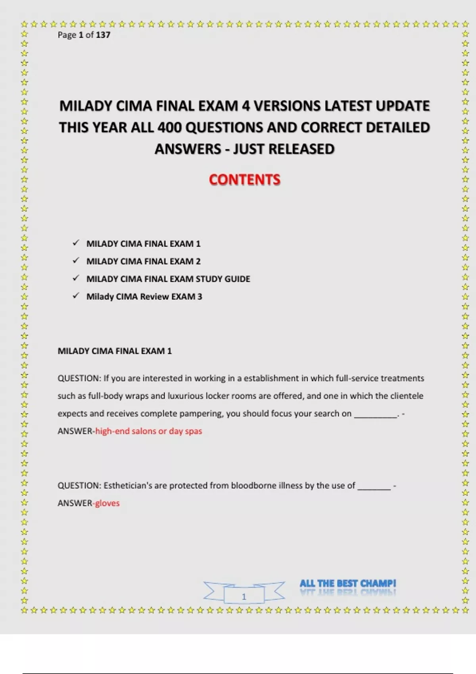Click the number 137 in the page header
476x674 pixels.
tap(103, 35)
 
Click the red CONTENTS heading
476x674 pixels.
tap(244, 180)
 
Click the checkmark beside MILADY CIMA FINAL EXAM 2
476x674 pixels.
tap(76, 260)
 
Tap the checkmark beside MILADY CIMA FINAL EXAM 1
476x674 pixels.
tap(76, 243)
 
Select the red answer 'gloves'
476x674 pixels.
tap(107, 503)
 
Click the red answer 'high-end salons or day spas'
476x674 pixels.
tap(148, 431)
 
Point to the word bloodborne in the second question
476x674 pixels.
tap(251, 486)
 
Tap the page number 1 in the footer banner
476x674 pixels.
tap(244, 596)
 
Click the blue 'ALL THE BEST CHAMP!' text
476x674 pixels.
tap(347, 583)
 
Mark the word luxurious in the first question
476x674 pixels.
tap(186, 396)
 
